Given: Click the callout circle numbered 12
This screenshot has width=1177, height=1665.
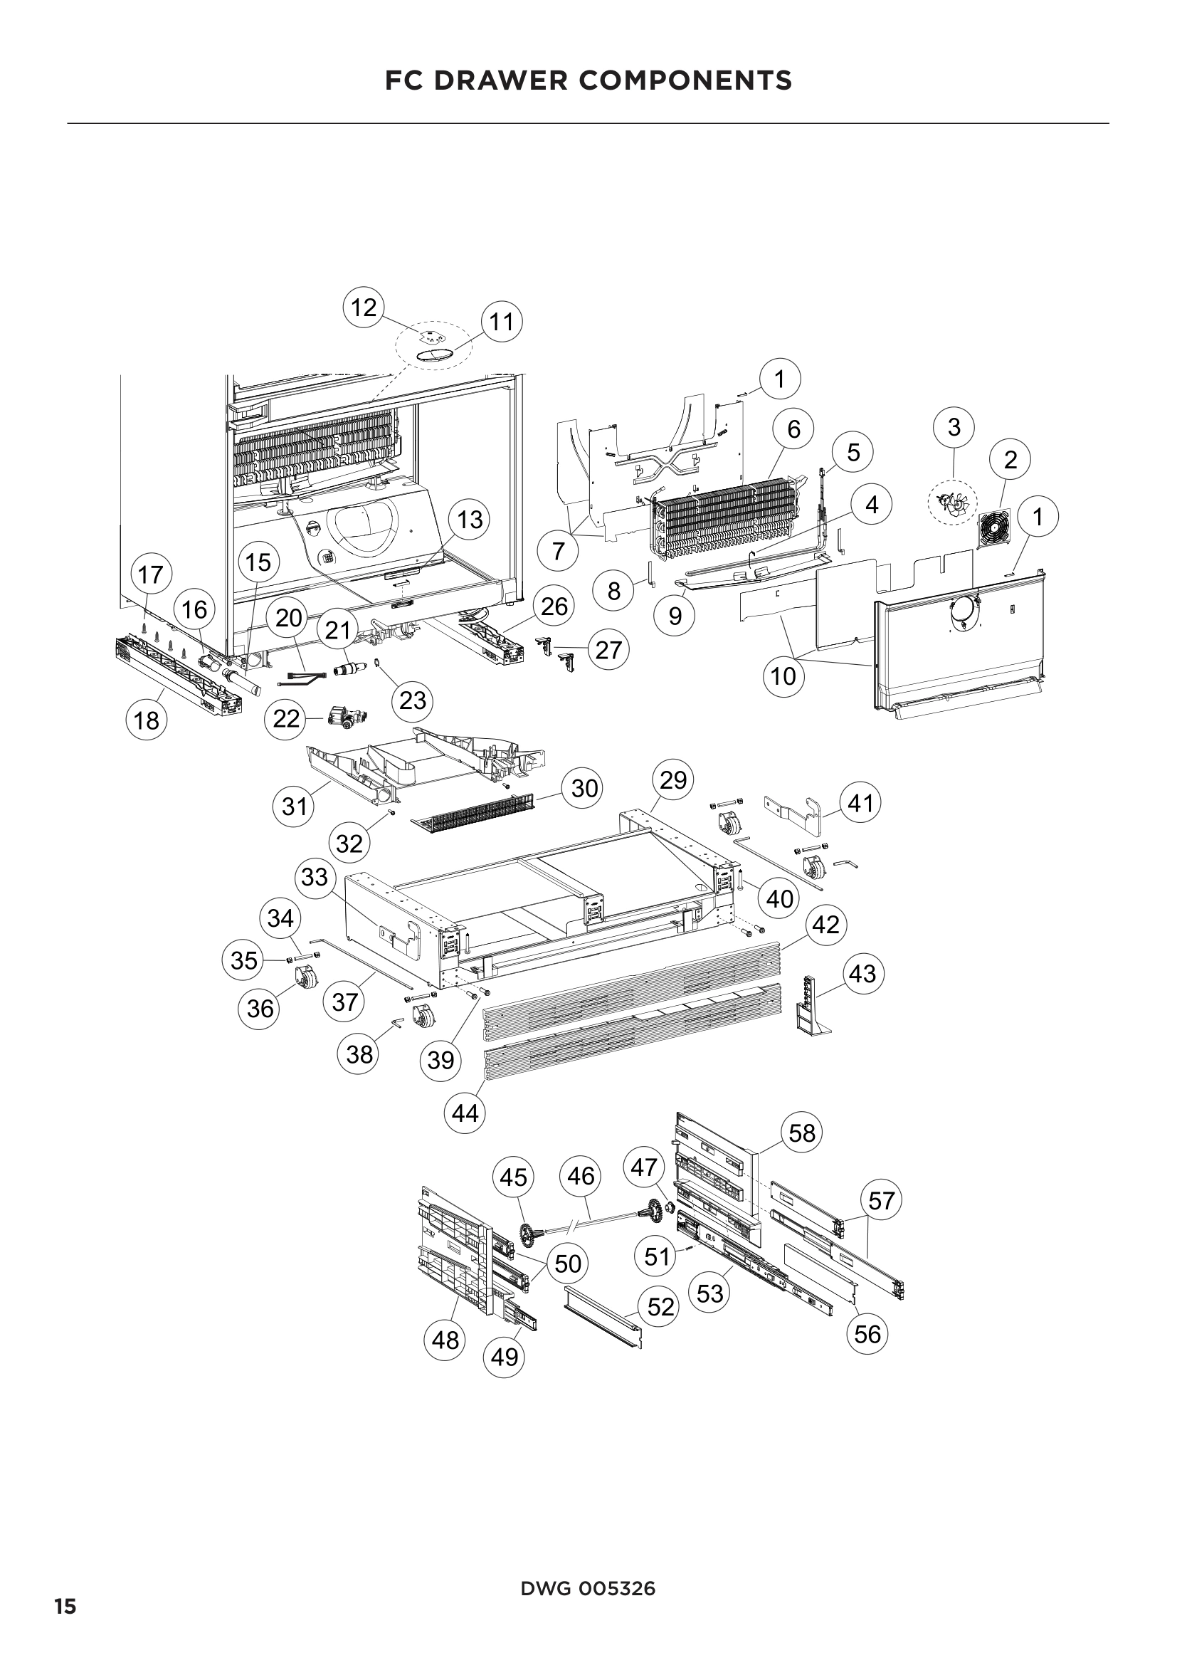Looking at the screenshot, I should pyautogui.click(x=364, y=308).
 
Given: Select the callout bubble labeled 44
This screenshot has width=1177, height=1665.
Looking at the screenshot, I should pyautogui.click(x=465, y=1113).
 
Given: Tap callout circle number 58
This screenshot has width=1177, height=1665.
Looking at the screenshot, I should pyautogui.click(x=802, y=1133).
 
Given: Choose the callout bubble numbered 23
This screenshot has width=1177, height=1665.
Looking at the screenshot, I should pyautogui.click(x=413, y=700).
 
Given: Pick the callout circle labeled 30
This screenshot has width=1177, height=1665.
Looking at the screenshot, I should pyautogui.click(x=585, y=788).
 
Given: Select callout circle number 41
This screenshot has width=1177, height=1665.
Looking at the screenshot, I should pyautogui.click(x=860, y=804).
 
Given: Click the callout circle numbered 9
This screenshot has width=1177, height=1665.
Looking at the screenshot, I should pyautogui.click(x=675, y=616).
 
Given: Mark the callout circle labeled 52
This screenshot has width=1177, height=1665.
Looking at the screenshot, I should pyautogui.click(x=661, y=1307).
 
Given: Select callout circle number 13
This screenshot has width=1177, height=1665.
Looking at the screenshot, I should pyautogui.click(x=470, y=519).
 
